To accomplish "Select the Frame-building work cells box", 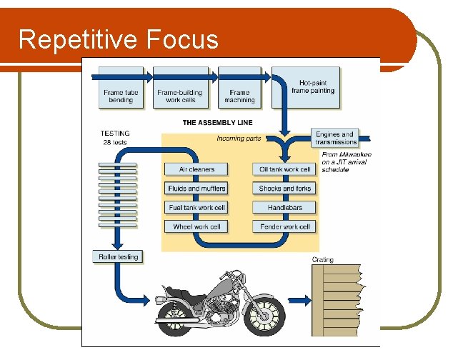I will click(179, 88).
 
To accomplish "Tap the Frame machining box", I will click(239, 88).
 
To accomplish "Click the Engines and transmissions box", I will click(335, 138).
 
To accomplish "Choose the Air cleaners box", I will click(196, 169).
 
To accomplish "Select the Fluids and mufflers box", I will click(196, 189).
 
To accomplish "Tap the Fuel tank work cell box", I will click(196, 208).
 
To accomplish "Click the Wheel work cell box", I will click(196, 227).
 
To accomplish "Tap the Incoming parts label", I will click(239, 139).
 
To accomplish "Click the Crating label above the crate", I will click(322, 260).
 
